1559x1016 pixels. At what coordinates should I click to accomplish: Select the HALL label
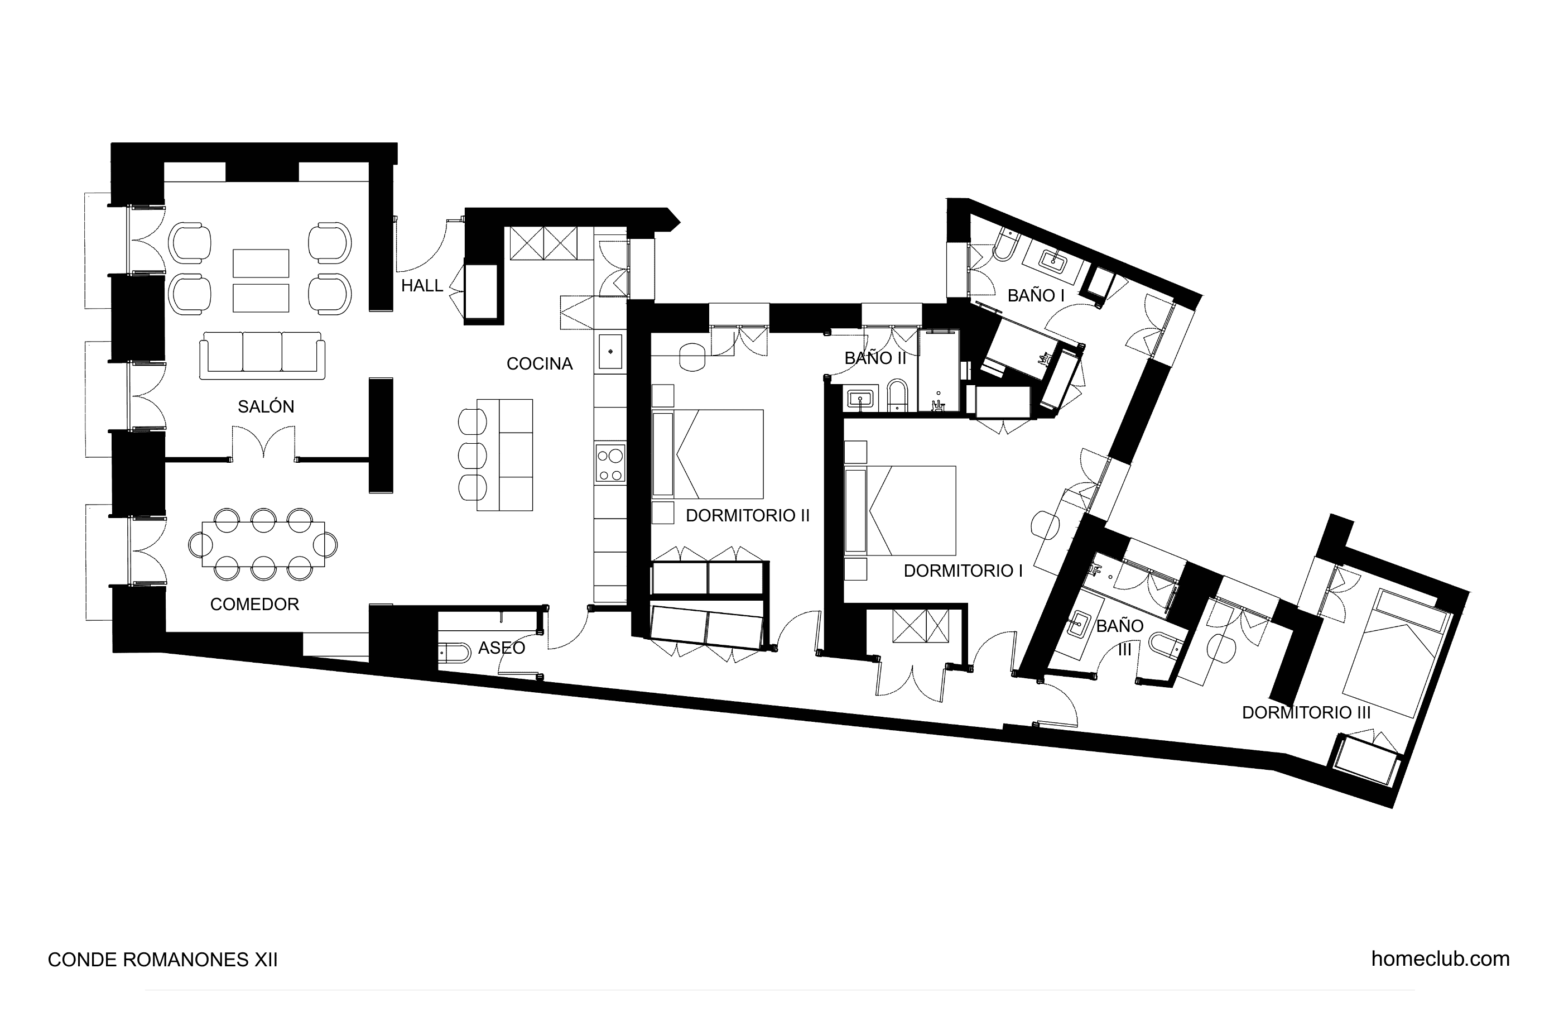(422, 286)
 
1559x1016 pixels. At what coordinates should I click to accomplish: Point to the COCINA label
(539, 364)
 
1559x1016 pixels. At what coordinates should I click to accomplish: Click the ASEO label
(501, 648)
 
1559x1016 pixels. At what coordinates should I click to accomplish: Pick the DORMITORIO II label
(747, 516)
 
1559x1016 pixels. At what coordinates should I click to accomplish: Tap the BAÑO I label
(1036, 296)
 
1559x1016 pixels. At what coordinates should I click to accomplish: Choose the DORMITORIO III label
(1306, 712)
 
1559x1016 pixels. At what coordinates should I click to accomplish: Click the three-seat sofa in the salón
(262, 355)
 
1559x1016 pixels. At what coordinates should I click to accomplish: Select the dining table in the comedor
(263, 544)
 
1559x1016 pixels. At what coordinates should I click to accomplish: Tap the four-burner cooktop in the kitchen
(610, 463)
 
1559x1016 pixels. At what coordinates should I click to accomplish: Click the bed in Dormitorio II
(708, 454)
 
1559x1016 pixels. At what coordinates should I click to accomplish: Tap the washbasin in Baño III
(1077, 625)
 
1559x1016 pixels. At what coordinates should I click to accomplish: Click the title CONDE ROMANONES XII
(162, 960)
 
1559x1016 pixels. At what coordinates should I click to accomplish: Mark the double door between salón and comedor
(263, 443)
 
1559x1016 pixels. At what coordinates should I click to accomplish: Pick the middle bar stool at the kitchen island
(471, 455)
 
